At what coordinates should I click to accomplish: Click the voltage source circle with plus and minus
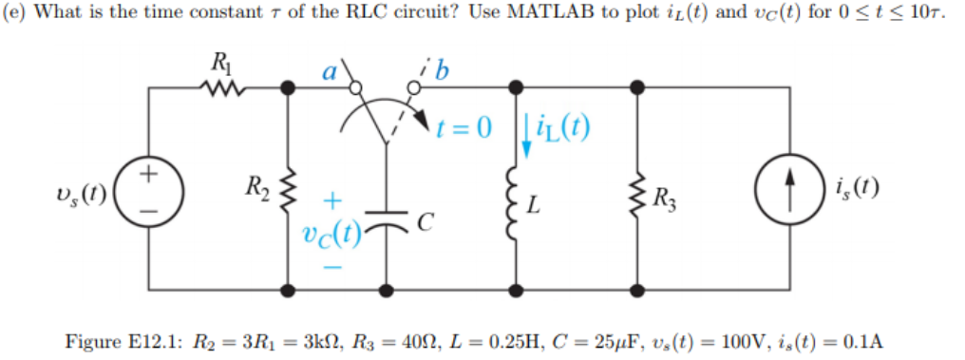click(146, 186)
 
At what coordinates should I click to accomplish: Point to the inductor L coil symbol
click(518, 201)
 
